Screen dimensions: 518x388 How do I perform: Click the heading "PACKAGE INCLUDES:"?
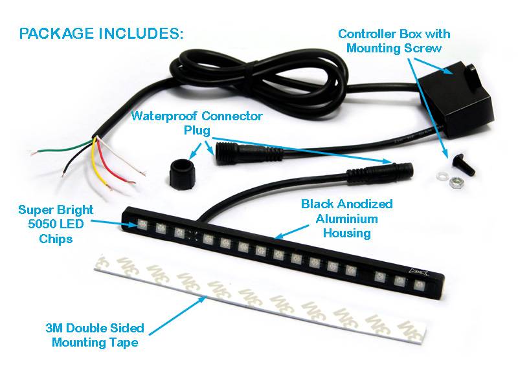point(102,34)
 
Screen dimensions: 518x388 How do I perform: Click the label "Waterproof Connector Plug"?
point(196,123)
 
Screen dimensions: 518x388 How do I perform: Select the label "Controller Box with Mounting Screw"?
point(403,40)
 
